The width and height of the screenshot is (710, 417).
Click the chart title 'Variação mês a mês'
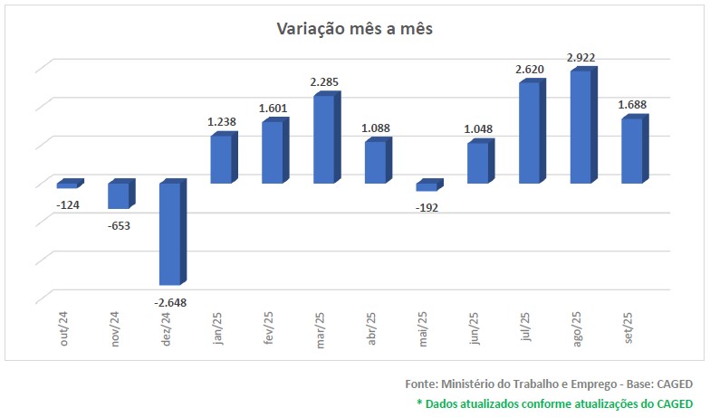355,29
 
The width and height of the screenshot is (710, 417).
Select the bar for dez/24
170,233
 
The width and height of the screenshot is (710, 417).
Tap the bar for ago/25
581,127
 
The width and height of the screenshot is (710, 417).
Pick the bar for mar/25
324,139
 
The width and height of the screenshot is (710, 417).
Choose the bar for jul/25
530,133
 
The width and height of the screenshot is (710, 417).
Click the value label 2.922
581,58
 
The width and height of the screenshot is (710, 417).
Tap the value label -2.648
170,302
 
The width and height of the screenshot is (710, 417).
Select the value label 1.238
221,122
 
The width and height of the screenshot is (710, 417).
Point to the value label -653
119,225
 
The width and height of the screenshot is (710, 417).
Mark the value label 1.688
632,105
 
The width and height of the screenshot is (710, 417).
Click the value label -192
427,208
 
